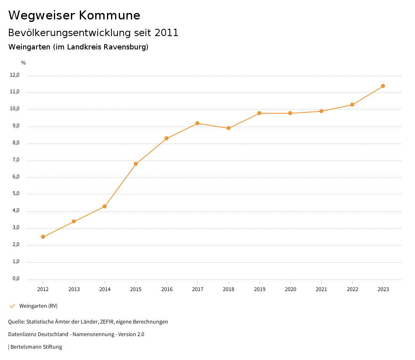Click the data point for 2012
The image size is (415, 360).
tap(43, 237)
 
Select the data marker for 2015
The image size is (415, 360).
tap(136, 164)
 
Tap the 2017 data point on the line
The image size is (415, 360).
tap(197, 123)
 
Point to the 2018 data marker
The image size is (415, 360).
tap(229, 128)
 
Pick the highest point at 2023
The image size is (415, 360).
tap(383, 86)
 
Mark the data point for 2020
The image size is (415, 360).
tap(290, 113)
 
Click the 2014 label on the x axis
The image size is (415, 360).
tap(105, 289)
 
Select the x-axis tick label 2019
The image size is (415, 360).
tap(259, 289)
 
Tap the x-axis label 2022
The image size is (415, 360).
tap(352, 289)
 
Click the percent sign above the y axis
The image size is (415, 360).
tap(24, 63)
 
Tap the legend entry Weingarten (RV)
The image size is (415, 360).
tap(39, 306)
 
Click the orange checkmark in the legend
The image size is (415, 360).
tap(12, 306)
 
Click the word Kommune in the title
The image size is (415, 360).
tap(109, 15)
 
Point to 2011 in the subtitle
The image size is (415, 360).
tap(167, 33)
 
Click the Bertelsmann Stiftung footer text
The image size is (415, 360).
tap(36, 347)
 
